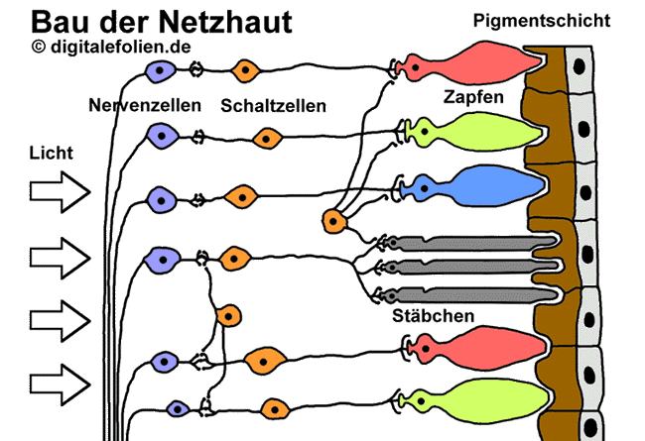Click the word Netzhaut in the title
pos(225,22)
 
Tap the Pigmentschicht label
pos(542,21)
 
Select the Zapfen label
pos(473,97)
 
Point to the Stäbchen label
pos(434,316)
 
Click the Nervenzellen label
pos(145,105)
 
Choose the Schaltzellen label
pos(274,106)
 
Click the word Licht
pos(51,154)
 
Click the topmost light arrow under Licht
pos(61,192)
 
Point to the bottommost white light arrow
pos(61,385)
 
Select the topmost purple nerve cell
pos(161,71)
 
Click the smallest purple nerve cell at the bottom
pos(178,409)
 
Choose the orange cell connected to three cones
pos(334,221)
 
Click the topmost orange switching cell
pos(245,70)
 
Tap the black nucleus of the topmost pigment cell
pos(580,66)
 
